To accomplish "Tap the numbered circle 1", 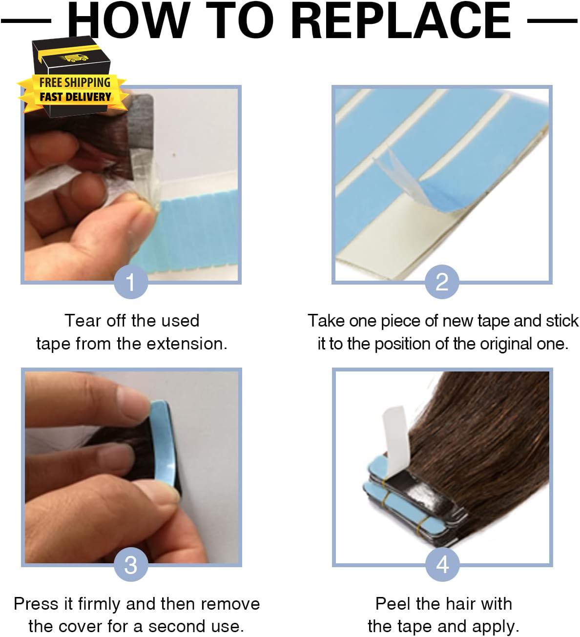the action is pos(131,282).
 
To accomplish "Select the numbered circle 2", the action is pos(442,282).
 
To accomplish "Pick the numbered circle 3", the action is pos(131,564).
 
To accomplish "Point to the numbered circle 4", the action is pos(442,564).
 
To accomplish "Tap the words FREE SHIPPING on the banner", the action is pos(75,82).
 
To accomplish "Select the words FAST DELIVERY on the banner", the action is pos(75,97).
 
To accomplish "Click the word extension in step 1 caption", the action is pos(187,344).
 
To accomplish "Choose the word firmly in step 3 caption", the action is pos(98,604).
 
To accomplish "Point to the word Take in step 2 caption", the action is pos(326,321).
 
